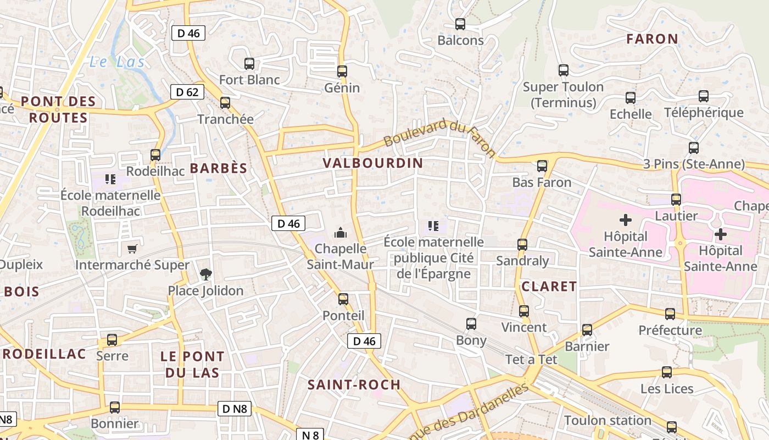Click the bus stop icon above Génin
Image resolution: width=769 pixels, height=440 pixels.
click(342, 71)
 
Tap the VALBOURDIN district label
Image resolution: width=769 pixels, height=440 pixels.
click(373, 163)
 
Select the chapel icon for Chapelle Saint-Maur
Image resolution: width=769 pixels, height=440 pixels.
click(341, 233)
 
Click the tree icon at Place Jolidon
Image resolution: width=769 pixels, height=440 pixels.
click(205, 274)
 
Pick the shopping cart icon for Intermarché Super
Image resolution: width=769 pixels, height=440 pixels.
click(132, 249)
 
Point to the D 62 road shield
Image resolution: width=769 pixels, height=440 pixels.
click(187, 92)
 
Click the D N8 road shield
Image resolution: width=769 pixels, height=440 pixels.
click(235, 409)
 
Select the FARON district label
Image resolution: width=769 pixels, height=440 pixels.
click(652, 39)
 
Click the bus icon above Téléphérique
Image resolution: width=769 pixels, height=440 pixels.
click(704, 96)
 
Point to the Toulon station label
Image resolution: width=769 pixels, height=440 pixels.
click(608, 421)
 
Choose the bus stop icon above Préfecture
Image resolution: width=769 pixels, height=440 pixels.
click(670, 314)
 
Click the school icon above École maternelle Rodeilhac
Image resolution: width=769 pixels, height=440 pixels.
click(110, 179)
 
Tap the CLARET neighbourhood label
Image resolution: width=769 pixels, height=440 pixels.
click(549, 287)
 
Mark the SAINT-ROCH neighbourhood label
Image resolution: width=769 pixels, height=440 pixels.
click(354, 384)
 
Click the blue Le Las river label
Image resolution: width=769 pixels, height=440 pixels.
click(117, 62)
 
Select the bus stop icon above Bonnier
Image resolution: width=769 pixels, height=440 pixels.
click(115, 408)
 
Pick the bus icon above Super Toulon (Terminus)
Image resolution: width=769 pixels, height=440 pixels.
click(564, 70)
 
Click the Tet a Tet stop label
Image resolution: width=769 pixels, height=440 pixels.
click(531, 360)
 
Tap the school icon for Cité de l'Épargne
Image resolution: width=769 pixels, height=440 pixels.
click(433, 226)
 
